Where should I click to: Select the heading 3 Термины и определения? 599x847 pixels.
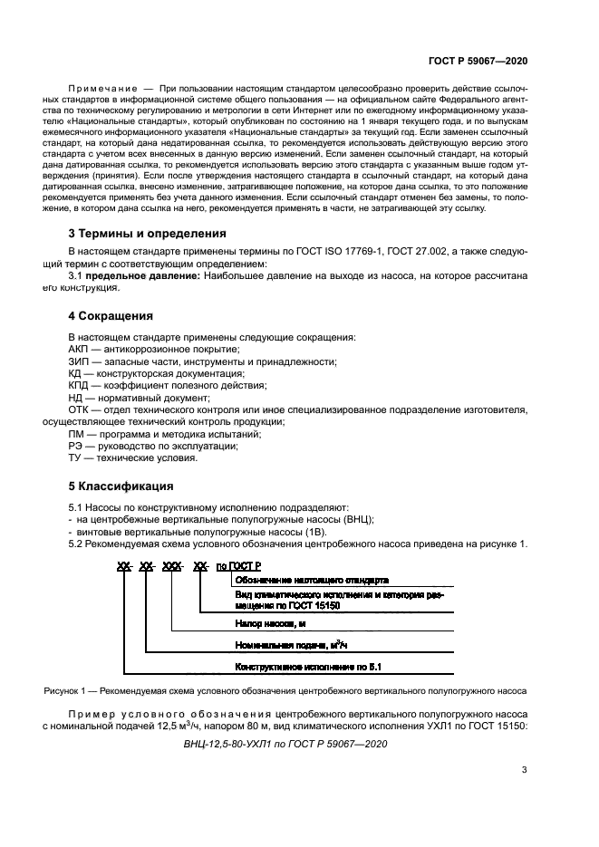point(148,233)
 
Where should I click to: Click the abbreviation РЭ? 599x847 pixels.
point(77,446)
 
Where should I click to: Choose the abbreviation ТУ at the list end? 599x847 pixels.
point(77,457)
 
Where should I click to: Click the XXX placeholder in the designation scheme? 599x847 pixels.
point(172,566)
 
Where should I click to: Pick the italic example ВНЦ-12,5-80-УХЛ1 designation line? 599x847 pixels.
point(285,744)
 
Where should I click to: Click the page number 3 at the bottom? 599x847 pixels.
point(525,770)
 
